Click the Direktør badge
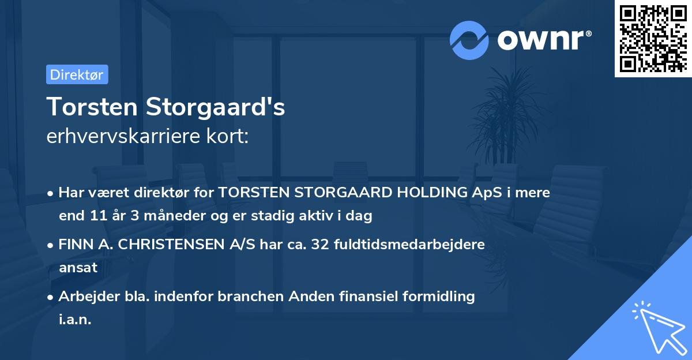coord(77,74)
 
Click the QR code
coord(653,38)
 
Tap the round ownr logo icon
coord(469,40)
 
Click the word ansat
coord(78,268)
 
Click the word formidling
coord(438,297)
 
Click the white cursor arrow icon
coord(659,329)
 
